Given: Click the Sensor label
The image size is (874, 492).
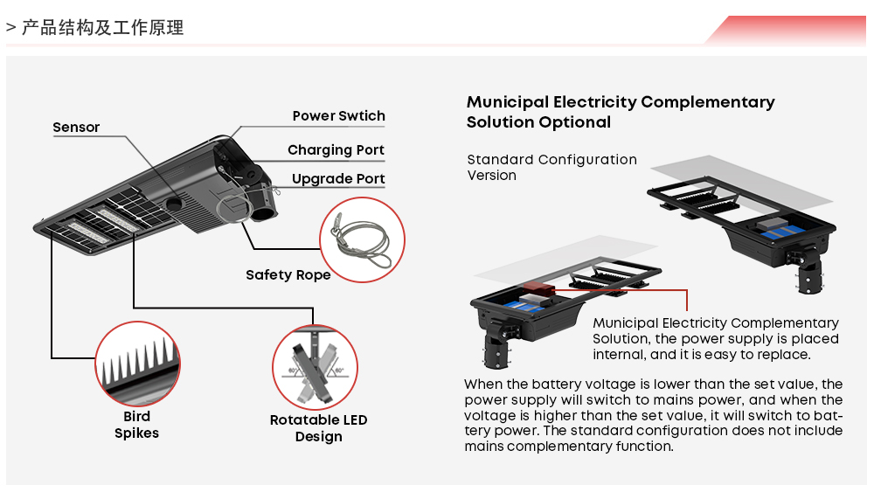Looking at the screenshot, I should (76, 128).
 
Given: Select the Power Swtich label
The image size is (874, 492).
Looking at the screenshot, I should (338, 116).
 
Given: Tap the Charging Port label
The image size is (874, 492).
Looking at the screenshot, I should (336, 150).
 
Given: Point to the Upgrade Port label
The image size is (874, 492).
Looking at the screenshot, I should (338, 179).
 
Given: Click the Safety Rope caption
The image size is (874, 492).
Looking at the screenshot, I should (288, 275).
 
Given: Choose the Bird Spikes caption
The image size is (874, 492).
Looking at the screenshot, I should (136, 425).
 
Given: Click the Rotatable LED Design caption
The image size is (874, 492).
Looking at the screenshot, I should (318, 428).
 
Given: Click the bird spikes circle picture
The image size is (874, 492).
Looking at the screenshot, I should (136, 365).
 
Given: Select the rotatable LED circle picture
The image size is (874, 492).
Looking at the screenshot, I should (316, 367).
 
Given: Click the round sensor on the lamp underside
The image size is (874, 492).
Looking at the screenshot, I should (175, 202).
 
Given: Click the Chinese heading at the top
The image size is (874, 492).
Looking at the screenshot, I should (102, 28).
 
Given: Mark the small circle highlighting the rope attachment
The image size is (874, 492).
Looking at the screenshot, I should (231, 204).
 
